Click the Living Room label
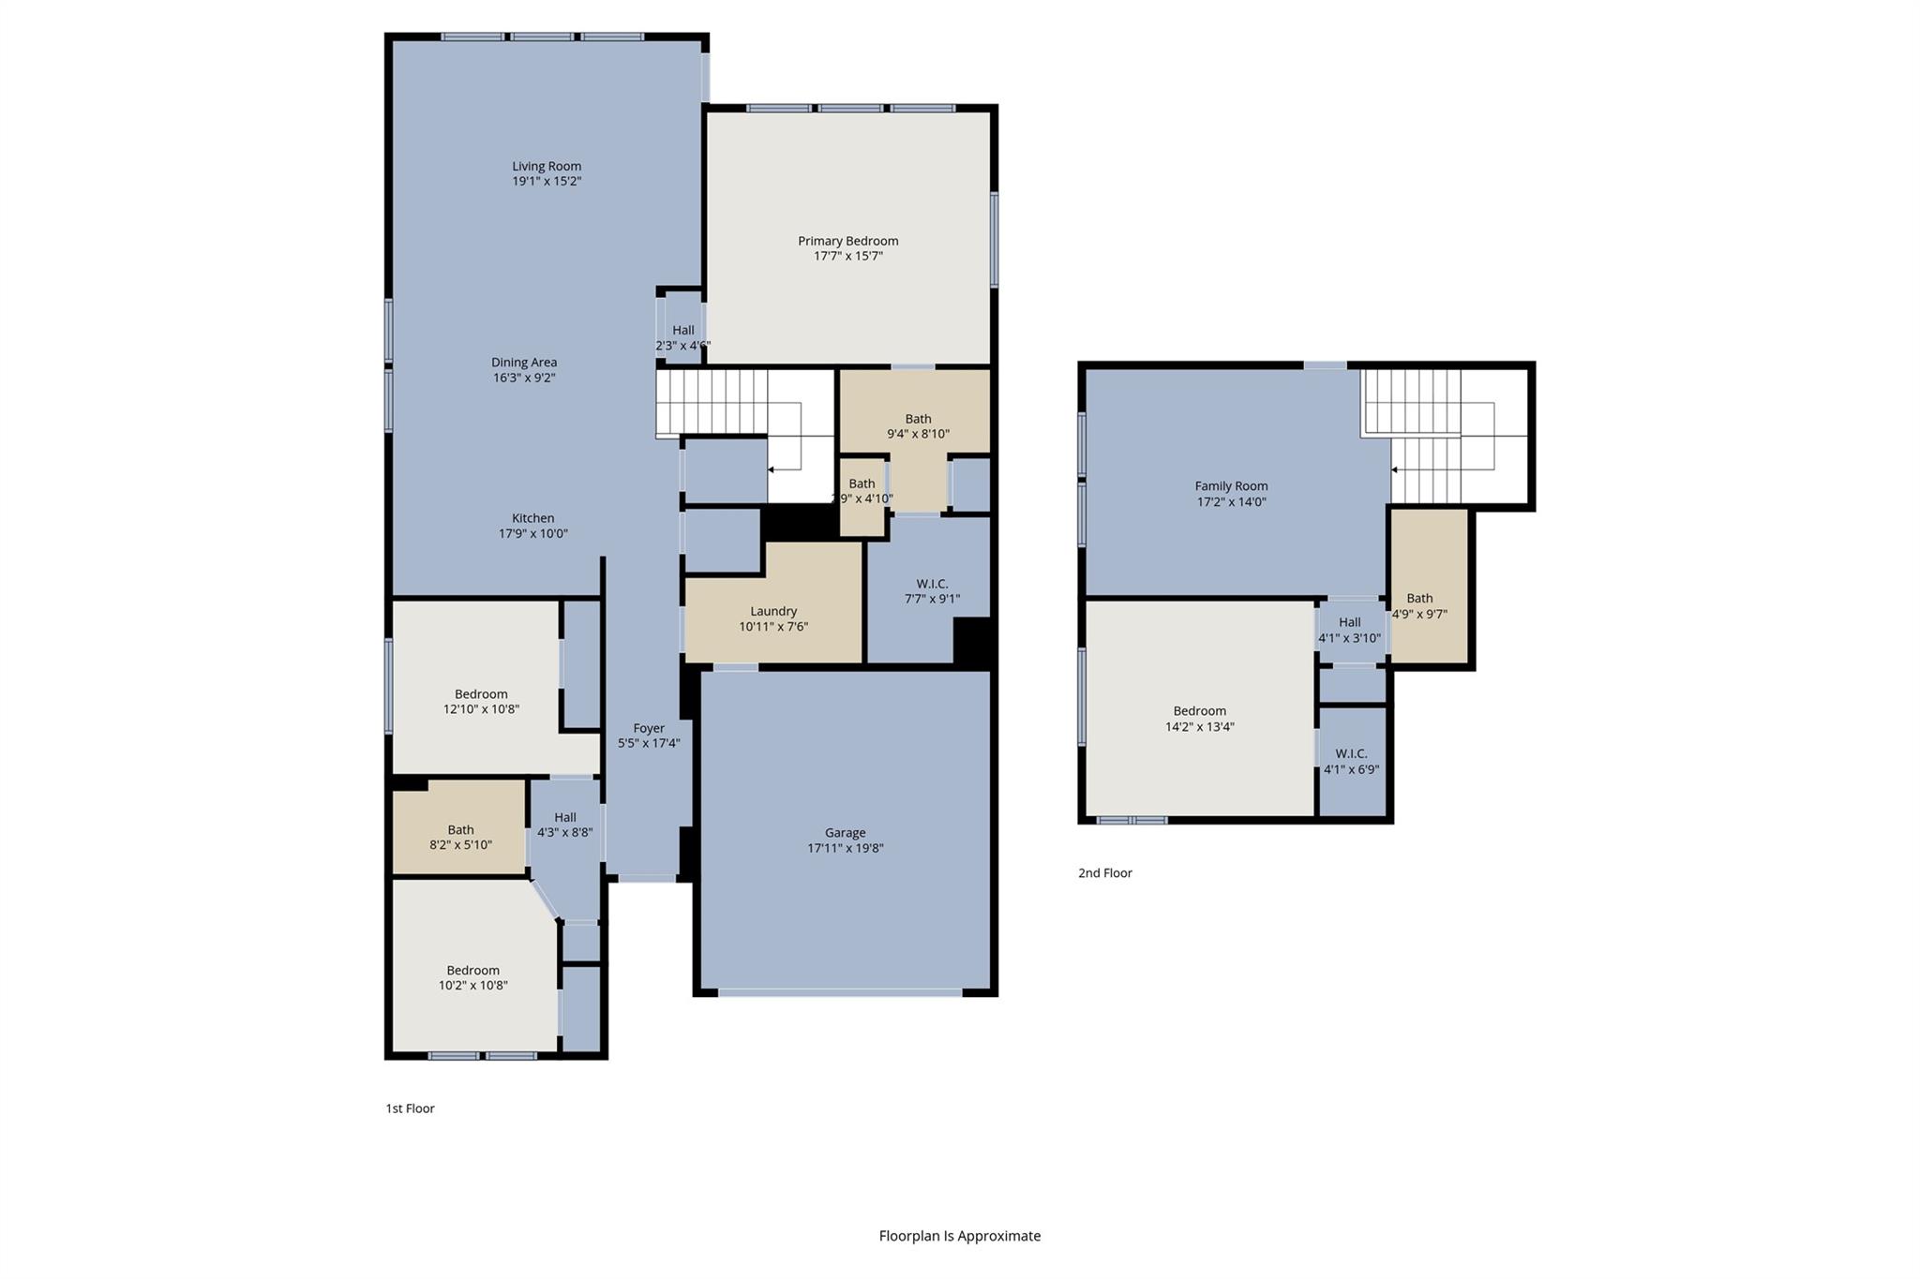[x=547, y=166]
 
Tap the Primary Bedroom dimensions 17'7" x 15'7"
[x=847, y=256]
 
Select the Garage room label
[x=845, y=832]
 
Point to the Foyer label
[x=649, y=728]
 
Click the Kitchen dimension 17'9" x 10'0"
[x=532, y=534]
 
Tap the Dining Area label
[x=524, y=363]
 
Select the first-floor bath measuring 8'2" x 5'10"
[x=460, y=837]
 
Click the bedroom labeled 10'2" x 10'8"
[x=472, y=977]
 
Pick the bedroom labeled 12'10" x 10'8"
[x=481, y=702]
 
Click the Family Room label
[x=1231, y=486]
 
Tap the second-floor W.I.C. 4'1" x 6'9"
[x=1351, y=762]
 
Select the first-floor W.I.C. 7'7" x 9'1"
[x=932, y=591]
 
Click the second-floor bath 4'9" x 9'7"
[x=1419, y=606]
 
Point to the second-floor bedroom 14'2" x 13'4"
[x=1199, y=719]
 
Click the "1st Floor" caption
[x=410, y=1108]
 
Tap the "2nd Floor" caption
[x=1104, y=873]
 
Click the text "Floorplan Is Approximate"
[x=959, y=1236]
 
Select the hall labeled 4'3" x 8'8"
[x=564, y=825]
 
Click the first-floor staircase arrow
[x=772, y=469]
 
